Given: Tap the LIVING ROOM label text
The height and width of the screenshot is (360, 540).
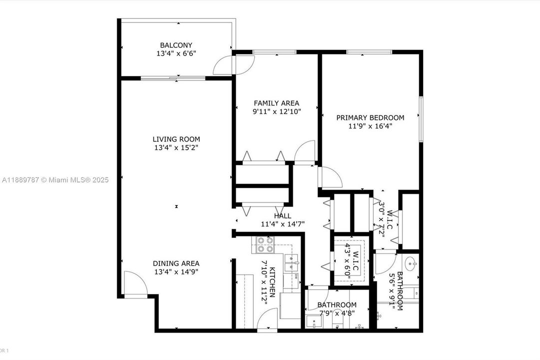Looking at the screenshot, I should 176,139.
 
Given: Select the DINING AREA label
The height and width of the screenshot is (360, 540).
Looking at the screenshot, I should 176,263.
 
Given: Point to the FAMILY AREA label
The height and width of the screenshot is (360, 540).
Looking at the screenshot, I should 276,103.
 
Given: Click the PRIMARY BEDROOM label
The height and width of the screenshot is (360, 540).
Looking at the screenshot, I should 370,117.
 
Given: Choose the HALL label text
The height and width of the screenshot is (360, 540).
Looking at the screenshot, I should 283,216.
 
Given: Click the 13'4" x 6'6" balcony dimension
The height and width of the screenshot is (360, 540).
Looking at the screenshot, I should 176,53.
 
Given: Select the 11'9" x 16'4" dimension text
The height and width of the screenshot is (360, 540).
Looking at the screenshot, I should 370,126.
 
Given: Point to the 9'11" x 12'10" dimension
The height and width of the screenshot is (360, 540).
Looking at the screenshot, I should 276,112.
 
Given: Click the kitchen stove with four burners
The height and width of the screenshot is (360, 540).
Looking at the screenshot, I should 265,244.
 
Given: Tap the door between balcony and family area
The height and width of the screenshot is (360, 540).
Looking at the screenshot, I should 223,65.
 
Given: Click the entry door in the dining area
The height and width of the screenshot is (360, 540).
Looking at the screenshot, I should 135,285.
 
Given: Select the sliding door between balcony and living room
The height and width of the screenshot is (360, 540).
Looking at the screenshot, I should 173,78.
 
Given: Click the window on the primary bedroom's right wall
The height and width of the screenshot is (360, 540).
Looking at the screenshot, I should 421,119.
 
